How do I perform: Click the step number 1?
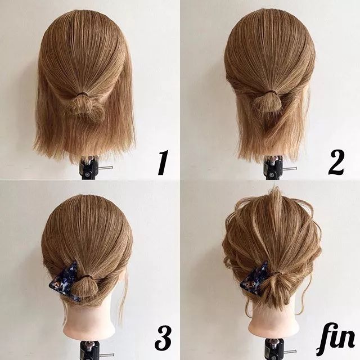(x=163, y=163)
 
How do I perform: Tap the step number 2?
(x=336, y=163)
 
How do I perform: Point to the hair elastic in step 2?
(x=270, y=92)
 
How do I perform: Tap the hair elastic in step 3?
(x=87, y=276)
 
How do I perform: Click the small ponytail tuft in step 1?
(x=86, y=107)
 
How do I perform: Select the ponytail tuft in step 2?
(x=267, y=103)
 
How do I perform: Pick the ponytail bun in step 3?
(x=84, y=287)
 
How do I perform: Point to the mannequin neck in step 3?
(x=90, y=321)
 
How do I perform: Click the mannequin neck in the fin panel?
(x=273, y=319)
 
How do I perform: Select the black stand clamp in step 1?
(x=90, y=168)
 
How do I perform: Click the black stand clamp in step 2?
(x=273, y=168)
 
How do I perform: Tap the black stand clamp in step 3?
(x=90, y=350)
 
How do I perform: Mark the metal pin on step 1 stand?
(x=105, y=168)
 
